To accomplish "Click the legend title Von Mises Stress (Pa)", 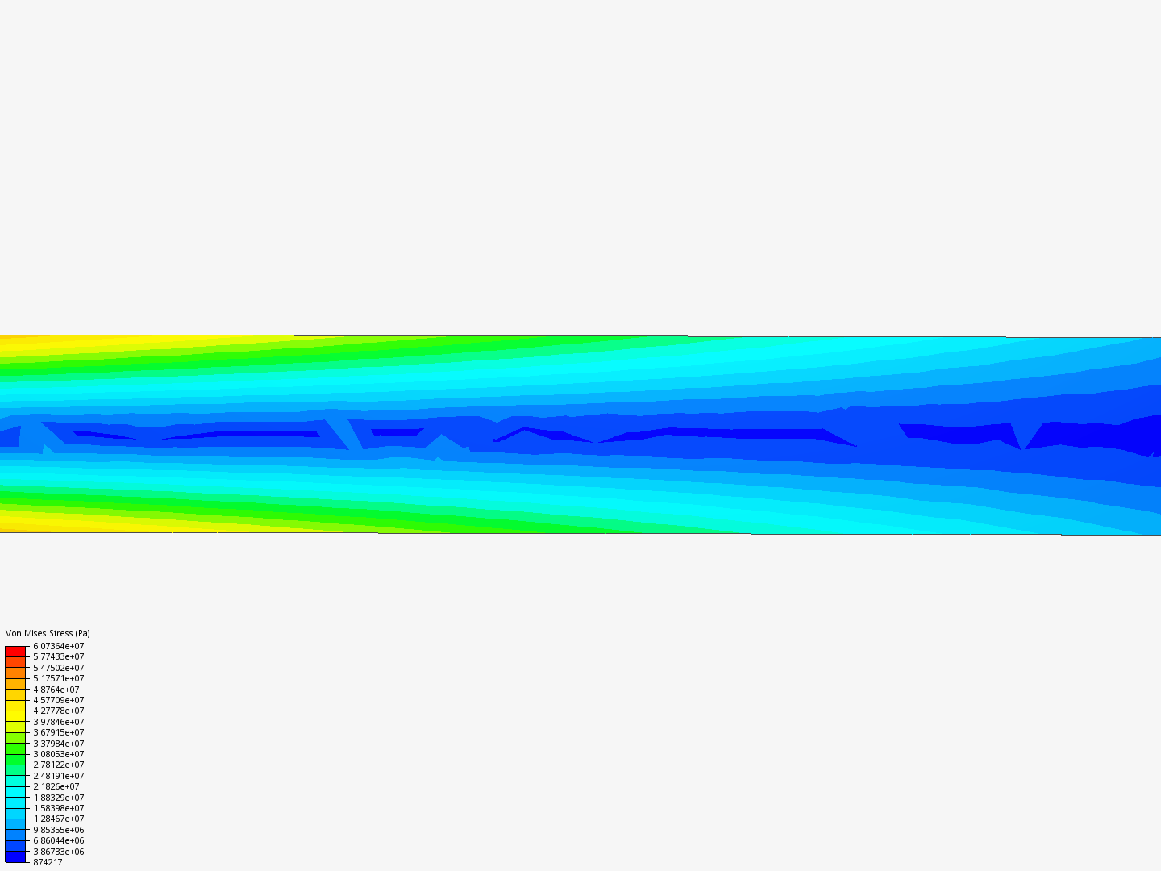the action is click(x=48, y=633).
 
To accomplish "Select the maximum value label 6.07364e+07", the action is click(x=59, y=646).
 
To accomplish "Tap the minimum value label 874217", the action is click(x=48, y=862).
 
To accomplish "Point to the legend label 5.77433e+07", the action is click(x=59, y=656).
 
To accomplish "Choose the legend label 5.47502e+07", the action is click(x=59, y=668).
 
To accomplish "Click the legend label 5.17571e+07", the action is click(x=59, y=678).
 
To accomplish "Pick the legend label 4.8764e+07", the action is click(x=56, y=690).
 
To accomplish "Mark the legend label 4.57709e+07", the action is click(x=59, y=700).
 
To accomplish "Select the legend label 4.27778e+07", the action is click(x=59, y=711).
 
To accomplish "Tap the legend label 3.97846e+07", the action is click(x=59, y=722).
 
